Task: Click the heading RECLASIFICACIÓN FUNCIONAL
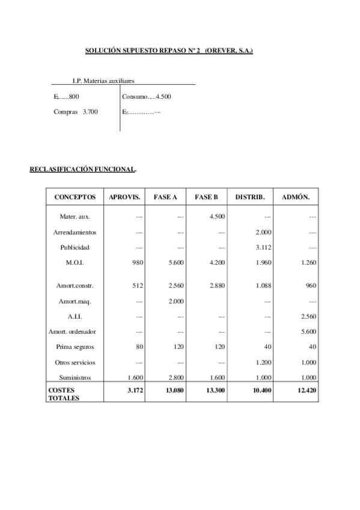(x=82, y=170)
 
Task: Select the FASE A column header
(x=165, y=197)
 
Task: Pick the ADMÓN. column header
(x=296, y=197)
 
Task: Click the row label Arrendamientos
(x=75, y=232)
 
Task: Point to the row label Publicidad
(x=75, y=247)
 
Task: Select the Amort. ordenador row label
(x=72, y=331)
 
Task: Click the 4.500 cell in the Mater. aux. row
(x=217, y=217)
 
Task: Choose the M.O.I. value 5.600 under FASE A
(x=175, y=263)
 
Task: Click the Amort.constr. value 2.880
(x=217, y=286)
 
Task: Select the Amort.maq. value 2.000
(x=175, y=301)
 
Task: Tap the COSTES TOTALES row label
(x=63, y=394)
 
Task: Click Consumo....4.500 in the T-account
(x=147, y=96)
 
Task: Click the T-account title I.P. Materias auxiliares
(x=103, y=80)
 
